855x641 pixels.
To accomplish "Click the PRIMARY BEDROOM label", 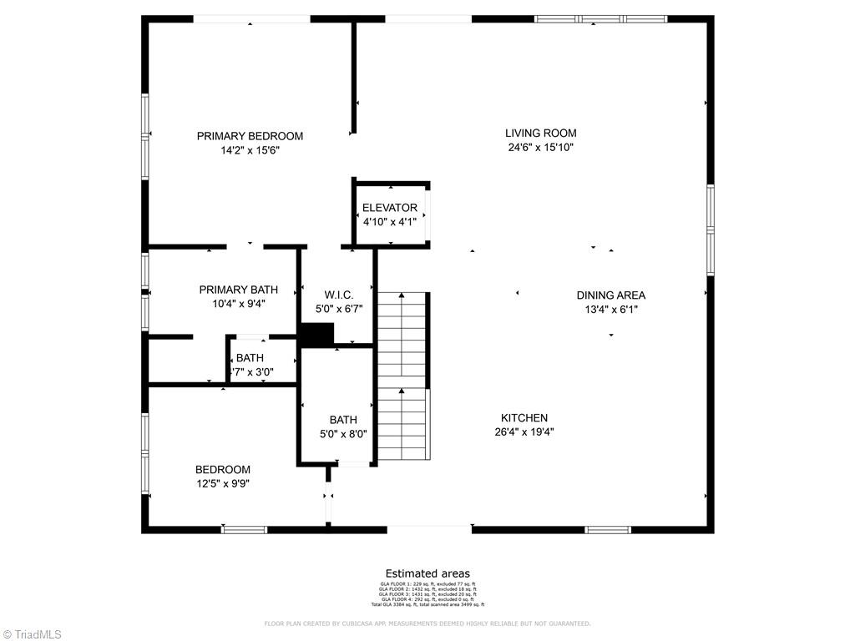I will pos(250,136).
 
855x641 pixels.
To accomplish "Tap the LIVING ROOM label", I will pos(540,133).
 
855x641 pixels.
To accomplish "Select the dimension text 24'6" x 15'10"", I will pos(540,148).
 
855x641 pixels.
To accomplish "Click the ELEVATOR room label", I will pos(389,208).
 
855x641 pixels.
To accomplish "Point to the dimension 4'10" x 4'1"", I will pos(389,222).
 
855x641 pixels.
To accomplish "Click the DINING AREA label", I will pos(610,295).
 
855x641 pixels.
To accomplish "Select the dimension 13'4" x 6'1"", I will pos(610,310).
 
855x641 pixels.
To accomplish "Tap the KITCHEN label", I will pos(524,418).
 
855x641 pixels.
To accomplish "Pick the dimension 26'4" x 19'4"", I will pos(524,432).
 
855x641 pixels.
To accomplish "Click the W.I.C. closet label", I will pos(339,295).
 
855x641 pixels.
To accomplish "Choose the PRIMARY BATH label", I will pos(238,290).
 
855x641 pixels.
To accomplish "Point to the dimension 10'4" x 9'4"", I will pos(238,305).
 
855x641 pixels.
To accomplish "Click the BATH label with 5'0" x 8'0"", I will pos(342,420).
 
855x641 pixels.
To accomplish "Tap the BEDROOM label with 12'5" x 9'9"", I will pos(223,469).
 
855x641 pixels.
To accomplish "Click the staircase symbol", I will pos(402,376).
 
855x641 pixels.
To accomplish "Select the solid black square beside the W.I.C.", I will pos(316,335).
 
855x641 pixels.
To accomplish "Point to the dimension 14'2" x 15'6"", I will pos(250,151).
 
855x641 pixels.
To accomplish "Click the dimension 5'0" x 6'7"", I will pos(339,310).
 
